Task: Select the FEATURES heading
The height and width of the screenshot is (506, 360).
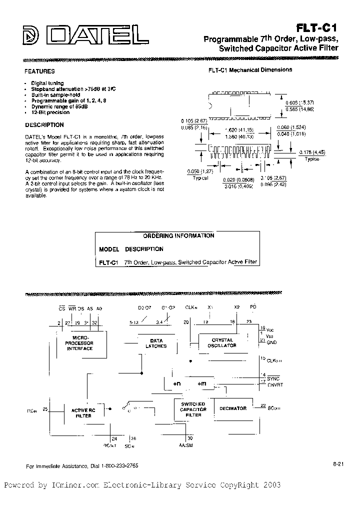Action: click(x=39, y=71)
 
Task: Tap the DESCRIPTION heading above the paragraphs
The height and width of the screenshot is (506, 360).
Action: click(x=44, y=125)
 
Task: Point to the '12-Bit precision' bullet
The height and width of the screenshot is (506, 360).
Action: click(x=50, y=112)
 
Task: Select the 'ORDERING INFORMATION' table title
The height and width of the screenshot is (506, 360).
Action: click(x=178, y=235)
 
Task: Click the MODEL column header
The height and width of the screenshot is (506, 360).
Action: click(x=109, y=249)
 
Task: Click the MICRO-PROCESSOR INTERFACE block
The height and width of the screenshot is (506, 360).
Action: click(x=80, y=343)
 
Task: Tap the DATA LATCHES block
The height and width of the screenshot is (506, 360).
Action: click(x=156, y=343)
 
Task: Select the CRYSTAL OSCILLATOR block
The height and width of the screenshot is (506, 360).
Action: click(x=222, y=343)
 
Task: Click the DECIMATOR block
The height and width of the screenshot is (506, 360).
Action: click(x=233, y=408)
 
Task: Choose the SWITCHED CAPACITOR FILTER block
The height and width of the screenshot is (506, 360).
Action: click(x=193, y=409)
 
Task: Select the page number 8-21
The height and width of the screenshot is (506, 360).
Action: click(x=337, y=464)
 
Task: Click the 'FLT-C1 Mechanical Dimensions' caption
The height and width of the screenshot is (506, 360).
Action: click(x=250, y=70)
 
